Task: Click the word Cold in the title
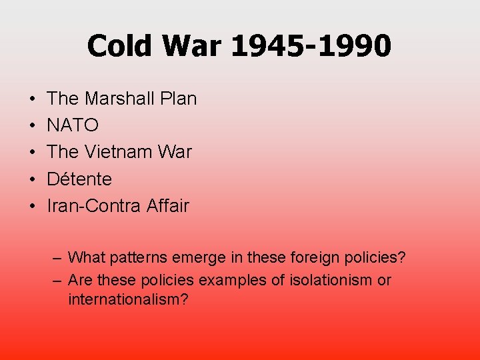click(121, 46)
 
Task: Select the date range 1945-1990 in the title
click(311, 46)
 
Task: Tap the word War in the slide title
click(194, 46)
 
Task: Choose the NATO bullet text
click(73, 125)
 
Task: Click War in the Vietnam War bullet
click(174, 152)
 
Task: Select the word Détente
click(79, 179)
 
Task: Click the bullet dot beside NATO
click(33, 125)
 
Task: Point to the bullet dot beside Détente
click(33, 179)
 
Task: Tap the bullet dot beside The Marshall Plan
click(33, 99)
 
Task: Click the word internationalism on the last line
click(127, 299)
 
